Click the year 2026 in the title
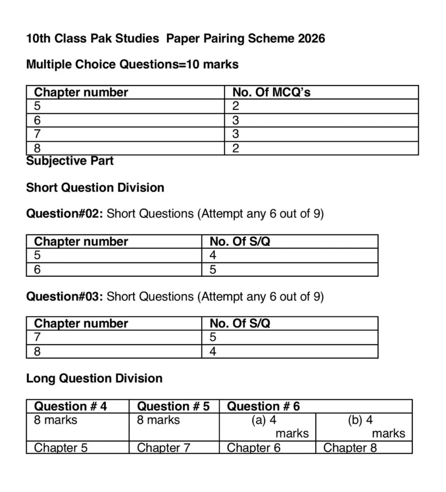click(x=311, y=38)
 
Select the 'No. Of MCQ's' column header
click(x=271, y=92)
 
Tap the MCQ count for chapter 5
click(x=236, y=106)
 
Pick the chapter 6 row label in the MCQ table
click(x=38, y=120)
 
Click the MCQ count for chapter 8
click(x=236, y=148)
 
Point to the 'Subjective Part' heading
click(x=70, y=161)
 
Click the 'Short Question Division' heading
click(x=95, y=187)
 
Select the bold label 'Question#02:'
click(x=64, y=214)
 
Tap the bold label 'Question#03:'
click(x=64, y=296)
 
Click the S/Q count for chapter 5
click(x=213, y=255)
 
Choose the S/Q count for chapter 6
click(x=213, y=270)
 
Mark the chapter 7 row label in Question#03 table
click(x=38, y=337)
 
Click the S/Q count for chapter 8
click(x=213, y=352)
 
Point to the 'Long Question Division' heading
click(x=94, y=379)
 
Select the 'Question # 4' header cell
click(x=70, y=406)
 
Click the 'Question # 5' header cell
click(x=173, y=406)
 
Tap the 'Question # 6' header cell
click(x=263, y=406)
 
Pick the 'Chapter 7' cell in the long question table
click(x=164, y=448)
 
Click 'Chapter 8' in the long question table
click(x=350, y=448)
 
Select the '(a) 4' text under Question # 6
click(x=264, y=420)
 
